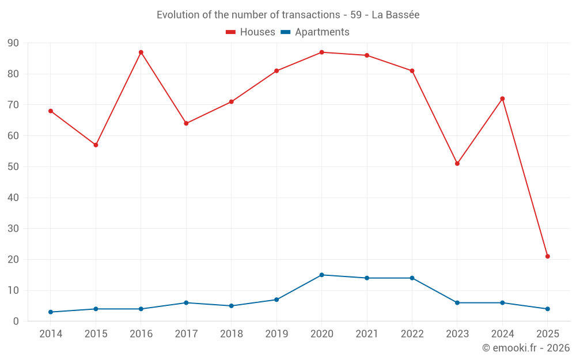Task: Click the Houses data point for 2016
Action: click(141, 52)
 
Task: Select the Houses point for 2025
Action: click(548, 256)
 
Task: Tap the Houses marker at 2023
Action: click(457, 164)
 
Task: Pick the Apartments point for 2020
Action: click(322, 275)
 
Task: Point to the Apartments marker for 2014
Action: click(51, 312)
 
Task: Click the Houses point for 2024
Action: click(502, 98)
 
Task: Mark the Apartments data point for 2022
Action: click(412, 278)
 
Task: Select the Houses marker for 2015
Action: click(96, 145)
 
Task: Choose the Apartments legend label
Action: click(322, 32)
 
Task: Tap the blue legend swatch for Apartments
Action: click(285, 32)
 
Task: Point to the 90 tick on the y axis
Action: click(13, 43)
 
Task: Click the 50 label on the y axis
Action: click(13, 167)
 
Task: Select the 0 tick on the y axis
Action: click(16, 321)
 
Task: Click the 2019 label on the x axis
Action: click(276, 334)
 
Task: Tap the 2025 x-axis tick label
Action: click(548, 334)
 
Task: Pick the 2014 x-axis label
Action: click(51, 334)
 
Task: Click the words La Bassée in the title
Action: click(395, 15)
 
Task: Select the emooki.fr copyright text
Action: click(526, 348)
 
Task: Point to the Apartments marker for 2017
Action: click(186, 303)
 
